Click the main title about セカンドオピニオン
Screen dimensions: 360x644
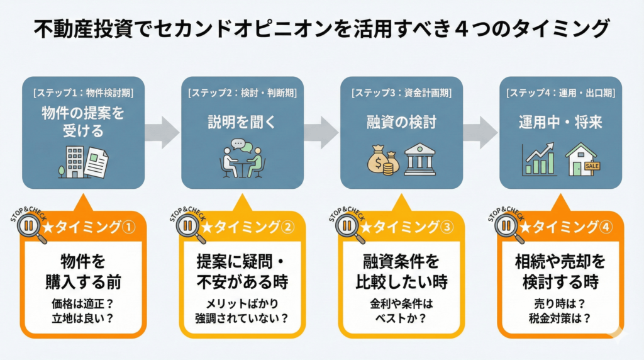(x=321, y=28)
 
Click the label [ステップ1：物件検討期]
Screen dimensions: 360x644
(x=82, y=93)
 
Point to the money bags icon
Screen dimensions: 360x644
(x=383, y=162)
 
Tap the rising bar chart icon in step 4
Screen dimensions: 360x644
(x=539, y=160)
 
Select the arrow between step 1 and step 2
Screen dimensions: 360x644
(x=161, y=132)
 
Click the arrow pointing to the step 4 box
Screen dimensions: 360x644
(x=480, y=132)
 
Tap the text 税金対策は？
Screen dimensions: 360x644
(x=560, y=317)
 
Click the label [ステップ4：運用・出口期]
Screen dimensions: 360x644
(x=560, y=93)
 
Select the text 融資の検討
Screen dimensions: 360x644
(x=401, y=122)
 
